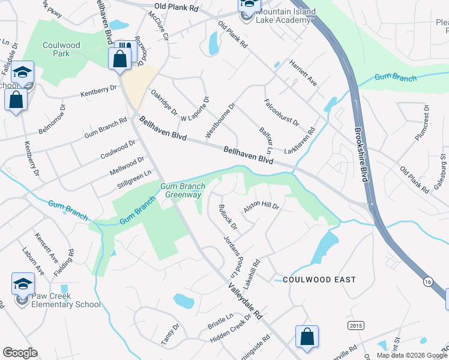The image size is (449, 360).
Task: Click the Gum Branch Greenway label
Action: [x=183, y=190]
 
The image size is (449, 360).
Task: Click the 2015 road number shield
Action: [x=355, y=325]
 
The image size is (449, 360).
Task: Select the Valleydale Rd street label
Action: [x=245, y=300]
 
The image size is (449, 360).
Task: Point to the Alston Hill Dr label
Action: [x=262, y=208]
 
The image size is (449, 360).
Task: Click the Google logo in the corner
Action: [x=20, y=353]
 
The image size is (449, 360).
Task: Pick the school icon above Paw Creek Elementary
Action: [x=23, y=283]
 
